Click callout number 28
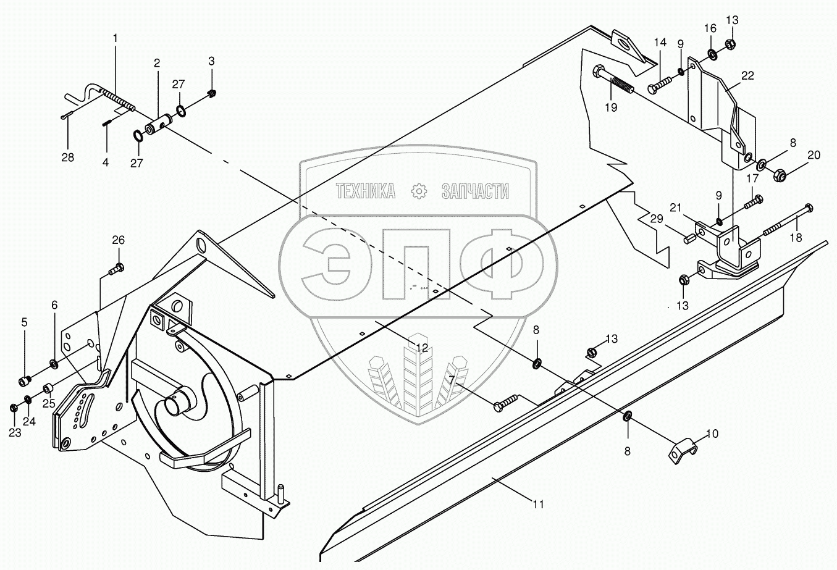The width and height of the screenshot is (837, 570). point(67,157)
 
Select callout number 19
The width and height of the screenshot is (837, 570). point(611,107)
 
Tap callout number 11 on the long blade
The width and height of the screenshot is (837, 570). point(539,504)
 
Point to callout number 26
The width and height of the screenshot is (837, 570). point(117,240)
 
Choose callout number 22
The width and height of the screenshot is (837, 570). point(748,75)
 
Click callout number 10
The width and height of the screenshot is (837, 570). point(712,434)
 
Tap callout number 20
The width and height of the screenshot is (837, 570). point(814,155)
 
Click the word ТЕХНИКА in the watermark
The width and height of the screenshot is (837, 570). point(366,191)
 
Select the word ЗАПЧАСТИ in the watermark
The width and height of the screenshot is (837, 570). point(475,191)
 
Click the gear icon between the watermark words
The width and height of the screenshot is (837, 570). point(419,191)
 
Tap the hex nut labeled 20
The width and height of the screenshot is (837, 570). point(779,175)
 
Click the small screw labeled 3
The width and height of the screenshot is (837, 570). point(212,93)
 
